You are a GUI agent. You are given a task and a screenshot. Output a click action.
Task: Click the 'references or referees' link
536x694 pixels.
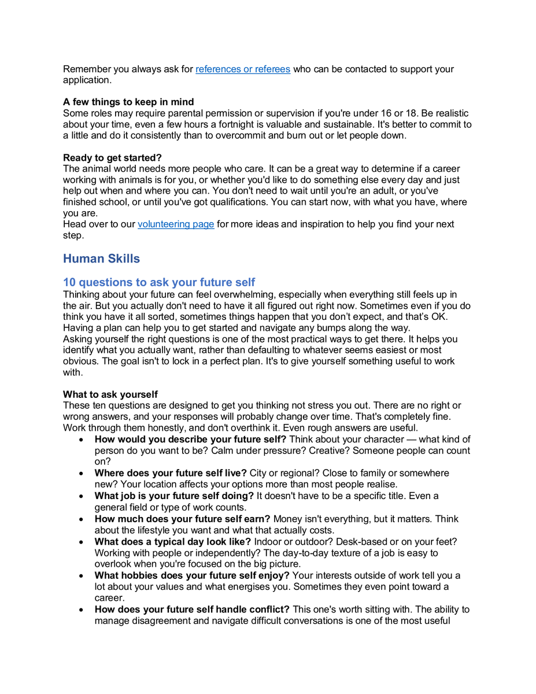(x=243, y=69)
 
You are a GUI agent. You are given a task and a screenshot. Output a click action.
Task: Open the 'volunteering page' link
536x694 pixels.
(x=176, y=224)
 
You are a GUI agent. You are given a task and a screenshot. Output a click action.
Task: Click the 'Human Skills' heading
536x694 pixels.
(x=101, y=259)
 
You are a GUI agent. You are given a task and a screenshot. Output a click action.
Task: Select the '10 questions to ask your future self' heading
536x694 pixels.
(x=159, y=282)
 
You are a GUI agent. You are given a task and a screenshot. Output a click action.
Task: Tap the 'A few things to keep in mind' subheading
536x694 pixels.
(x=128, y=102)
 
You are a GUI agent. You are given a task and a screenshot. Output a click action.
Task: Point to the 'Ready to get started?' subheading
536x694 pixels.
(x=113, y=157)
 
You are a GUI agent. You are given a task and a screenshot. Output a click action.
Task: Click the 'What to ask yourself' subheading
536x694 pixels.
(x=110, y=395)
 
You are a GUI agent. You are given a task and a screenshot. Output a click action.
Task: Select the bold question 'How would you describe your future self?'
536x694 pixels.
(x=190, y=440)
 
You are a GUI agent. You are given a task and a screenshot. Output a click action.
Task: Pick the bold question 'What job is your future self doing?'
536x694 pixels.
(x=174, y=496)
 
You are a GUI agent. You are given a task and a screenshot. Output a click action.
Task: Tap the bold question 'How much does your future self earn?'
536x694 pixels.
(x=182, y=518)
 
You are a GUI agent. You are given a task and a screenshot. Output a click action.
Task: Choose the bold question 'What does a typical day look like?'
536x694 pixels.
(x=172, y=541)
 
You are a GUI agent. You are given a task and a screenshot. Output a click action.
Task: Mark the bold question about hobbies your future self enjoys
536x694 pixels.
(x=192, y=575)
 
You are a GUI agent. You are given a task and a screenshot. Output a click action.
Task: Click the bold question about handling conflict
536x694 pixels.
(x=192, y=609)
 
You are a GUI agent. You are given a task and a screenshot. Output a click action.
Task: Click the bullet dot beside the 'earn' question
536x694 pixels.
(x=83, y=519)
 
